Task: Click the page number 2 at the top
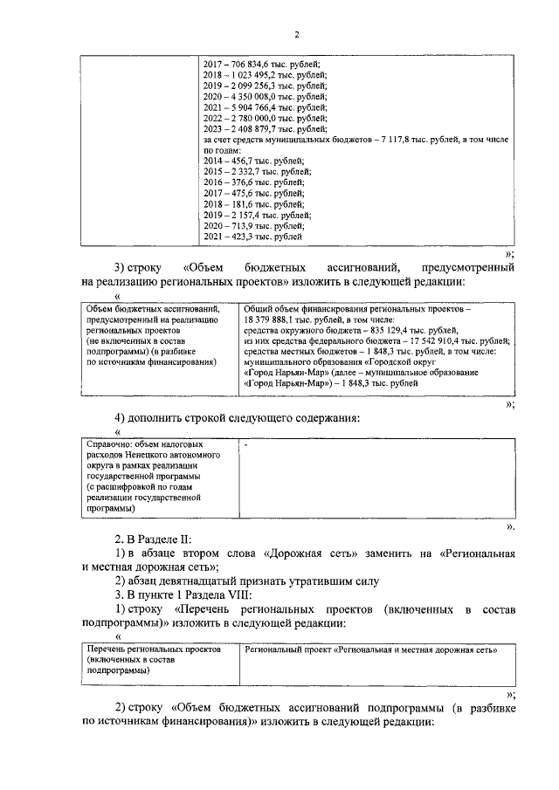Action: click(296, 34)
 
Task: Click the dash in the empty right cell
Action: click(248, 445)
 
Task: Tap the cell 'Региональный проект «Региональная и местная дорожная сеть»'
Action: click(370, 650)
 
